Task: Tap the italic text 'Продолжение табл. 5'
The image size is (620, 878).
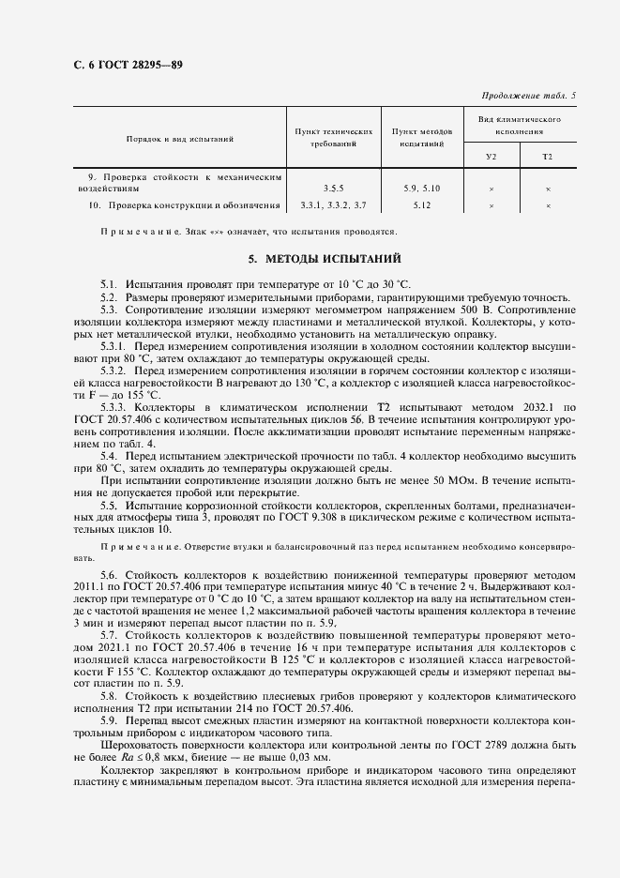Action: coord(529,96)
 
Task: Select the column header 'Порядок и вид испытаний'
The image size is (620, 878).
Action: coord(180,139)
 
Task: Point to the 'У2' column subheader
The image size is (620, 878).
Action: coord(491,156)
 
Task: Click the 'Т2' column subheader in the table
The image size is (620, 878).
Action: coord(548,156)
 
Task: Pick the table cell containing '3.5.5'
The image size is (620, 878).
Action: coord(334,189)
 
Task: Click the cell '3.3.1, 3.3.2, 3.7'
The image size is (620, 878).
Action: coord(334,204)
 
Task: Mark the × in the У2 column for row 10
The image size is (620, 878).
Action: coord(491,205)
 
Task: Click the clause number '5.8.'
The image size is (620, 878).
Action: coord(110,697)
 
